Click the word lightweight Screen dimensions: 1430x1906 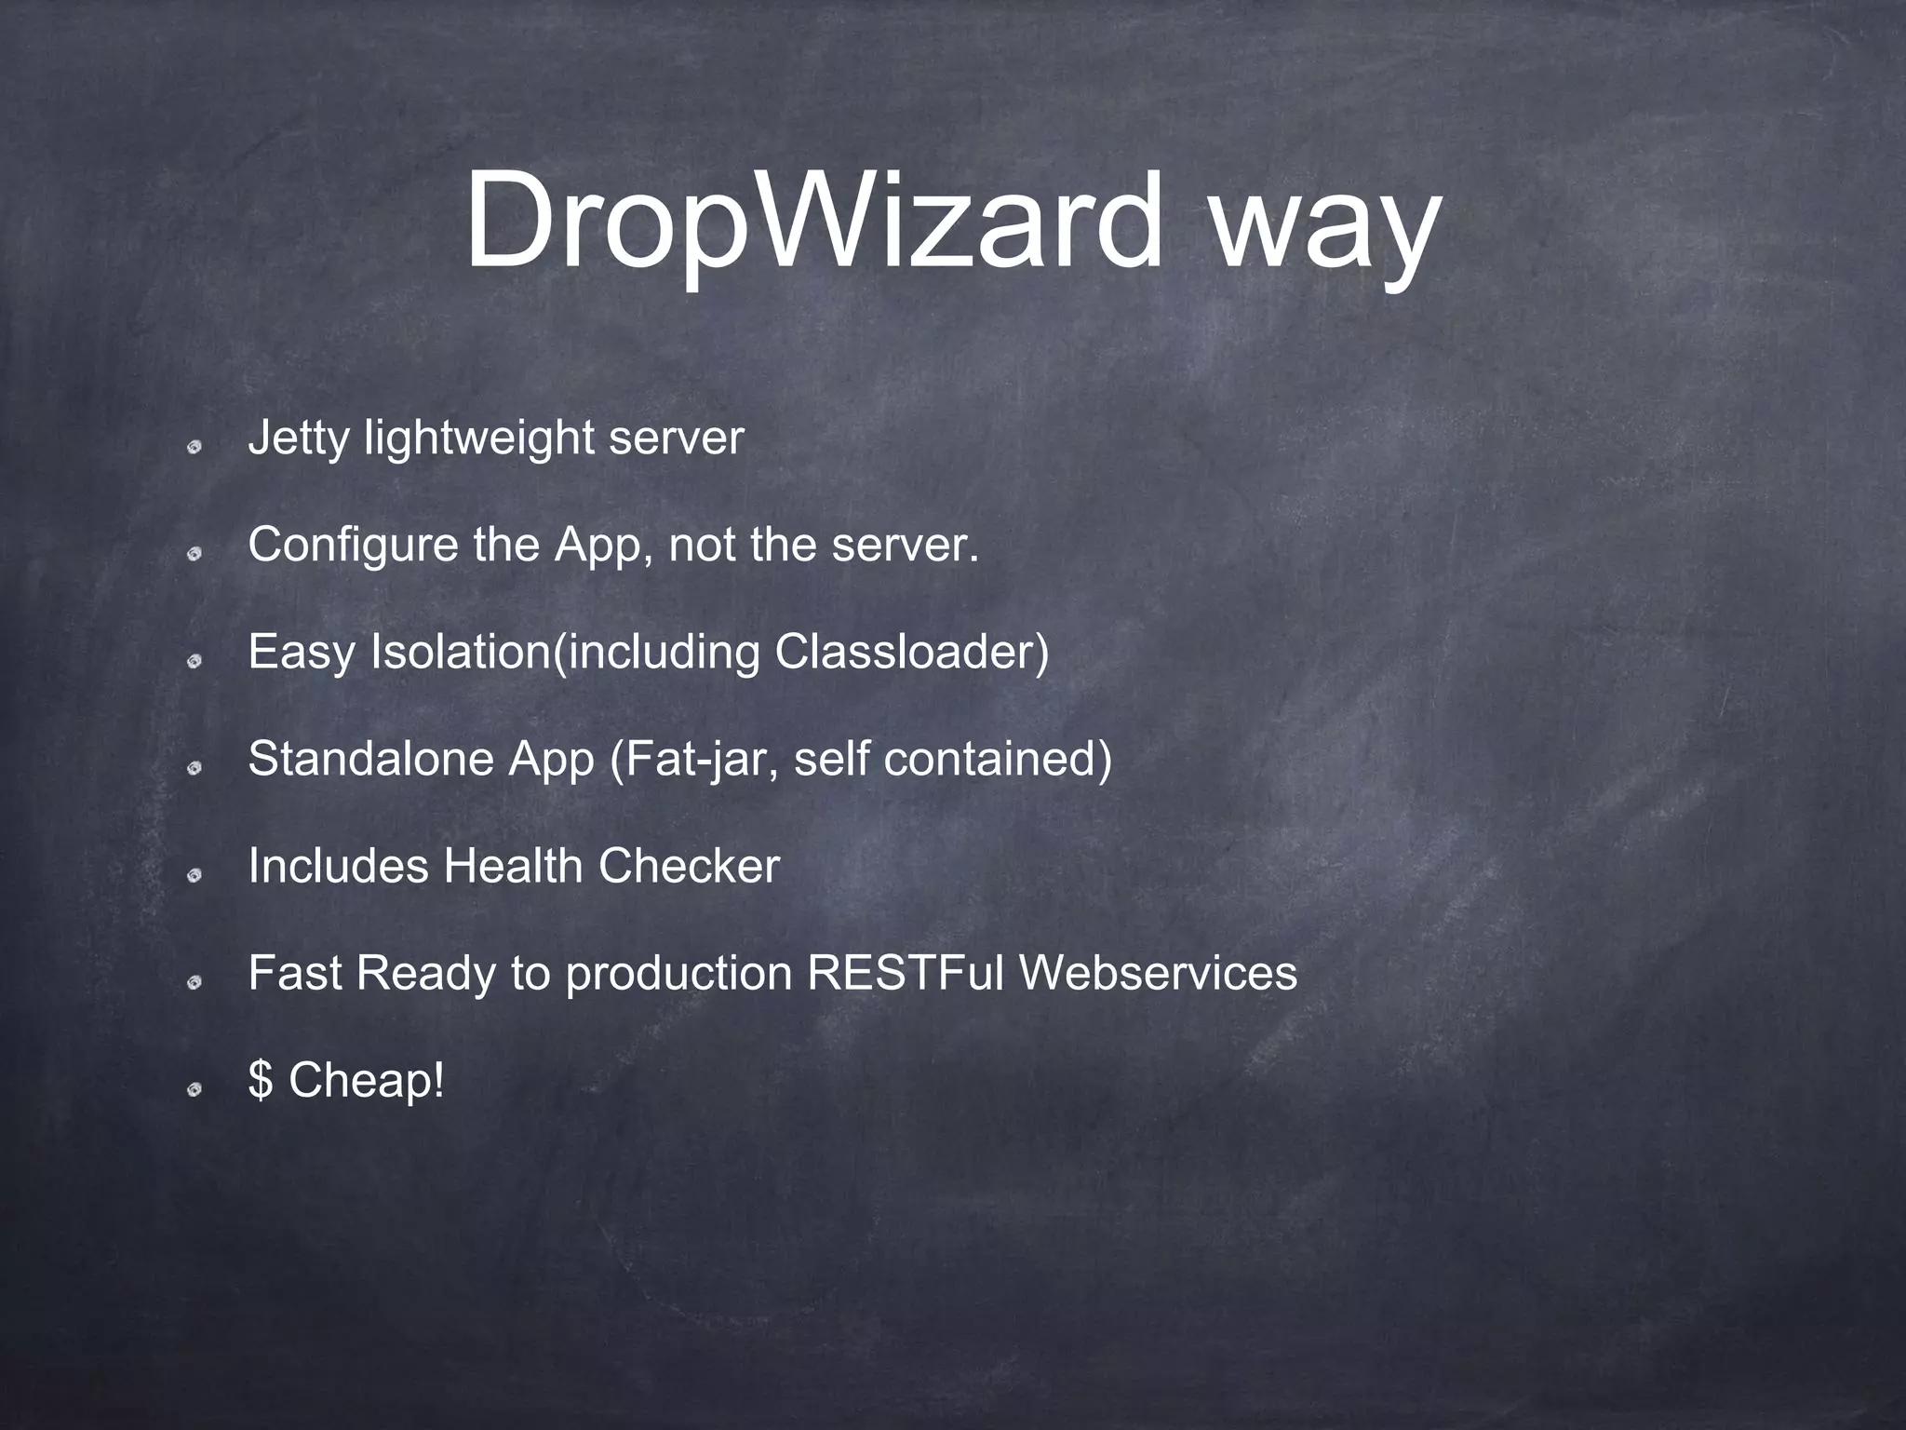pos(479,438)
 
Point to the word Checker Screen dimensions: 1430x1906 pos(689,866)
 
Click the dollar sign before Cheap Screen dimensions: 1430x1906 pos(261,1080)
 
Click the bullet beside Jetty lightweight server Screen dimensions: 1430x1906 pos(195,448)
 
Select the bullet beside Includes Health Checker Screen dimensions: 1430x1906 pos(195,875)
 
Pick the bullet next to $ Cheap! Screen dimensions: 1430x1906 pos(195,1089)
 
